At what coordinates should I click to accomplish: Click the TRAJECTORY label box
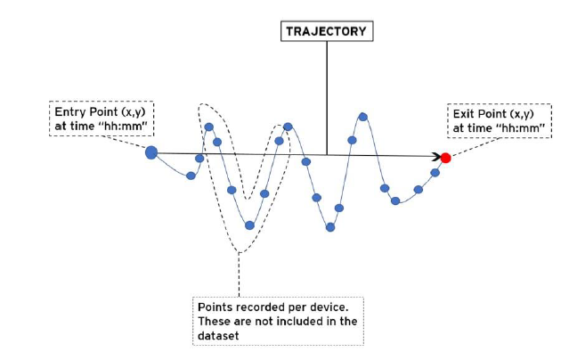pos(327,31)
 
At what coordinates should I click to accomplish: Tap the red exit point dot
pos(445,158)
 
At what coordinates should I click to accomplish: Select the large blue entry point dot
pos(151,152)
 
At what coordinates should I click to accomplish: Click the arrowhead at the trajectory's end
pos(437,157)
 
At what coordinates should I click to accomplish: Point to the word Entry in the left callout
pos(68,112)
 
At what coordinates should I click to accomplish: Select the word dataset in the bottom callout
pos(218,336)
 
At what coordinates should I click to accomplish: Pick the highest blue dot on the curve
pos(363,117)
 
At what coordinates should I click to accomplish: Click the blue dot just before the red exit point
pos(435,173)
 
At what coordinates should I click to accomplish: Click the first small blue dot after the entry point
pos(191,176)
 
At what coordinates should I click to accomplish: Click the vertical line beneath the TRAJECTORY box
pos(327,98)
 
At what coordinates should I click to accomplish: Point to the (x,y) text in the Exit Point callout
pos(522,114)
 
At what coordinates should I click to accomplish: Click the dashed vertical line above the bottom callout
pos(239,274)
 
